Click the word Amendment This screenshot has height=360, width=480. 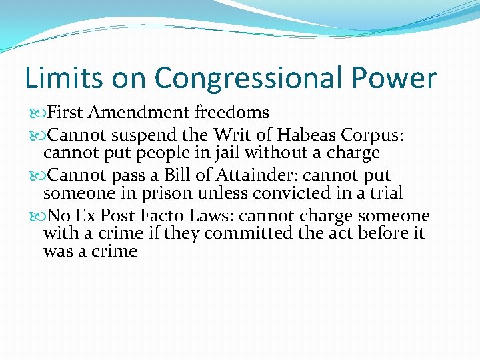(x=146, y=113)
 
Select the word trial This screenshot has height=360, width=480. (x=383, y=193)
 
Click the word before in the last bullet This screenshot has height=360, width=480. (x=378, y=233)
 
